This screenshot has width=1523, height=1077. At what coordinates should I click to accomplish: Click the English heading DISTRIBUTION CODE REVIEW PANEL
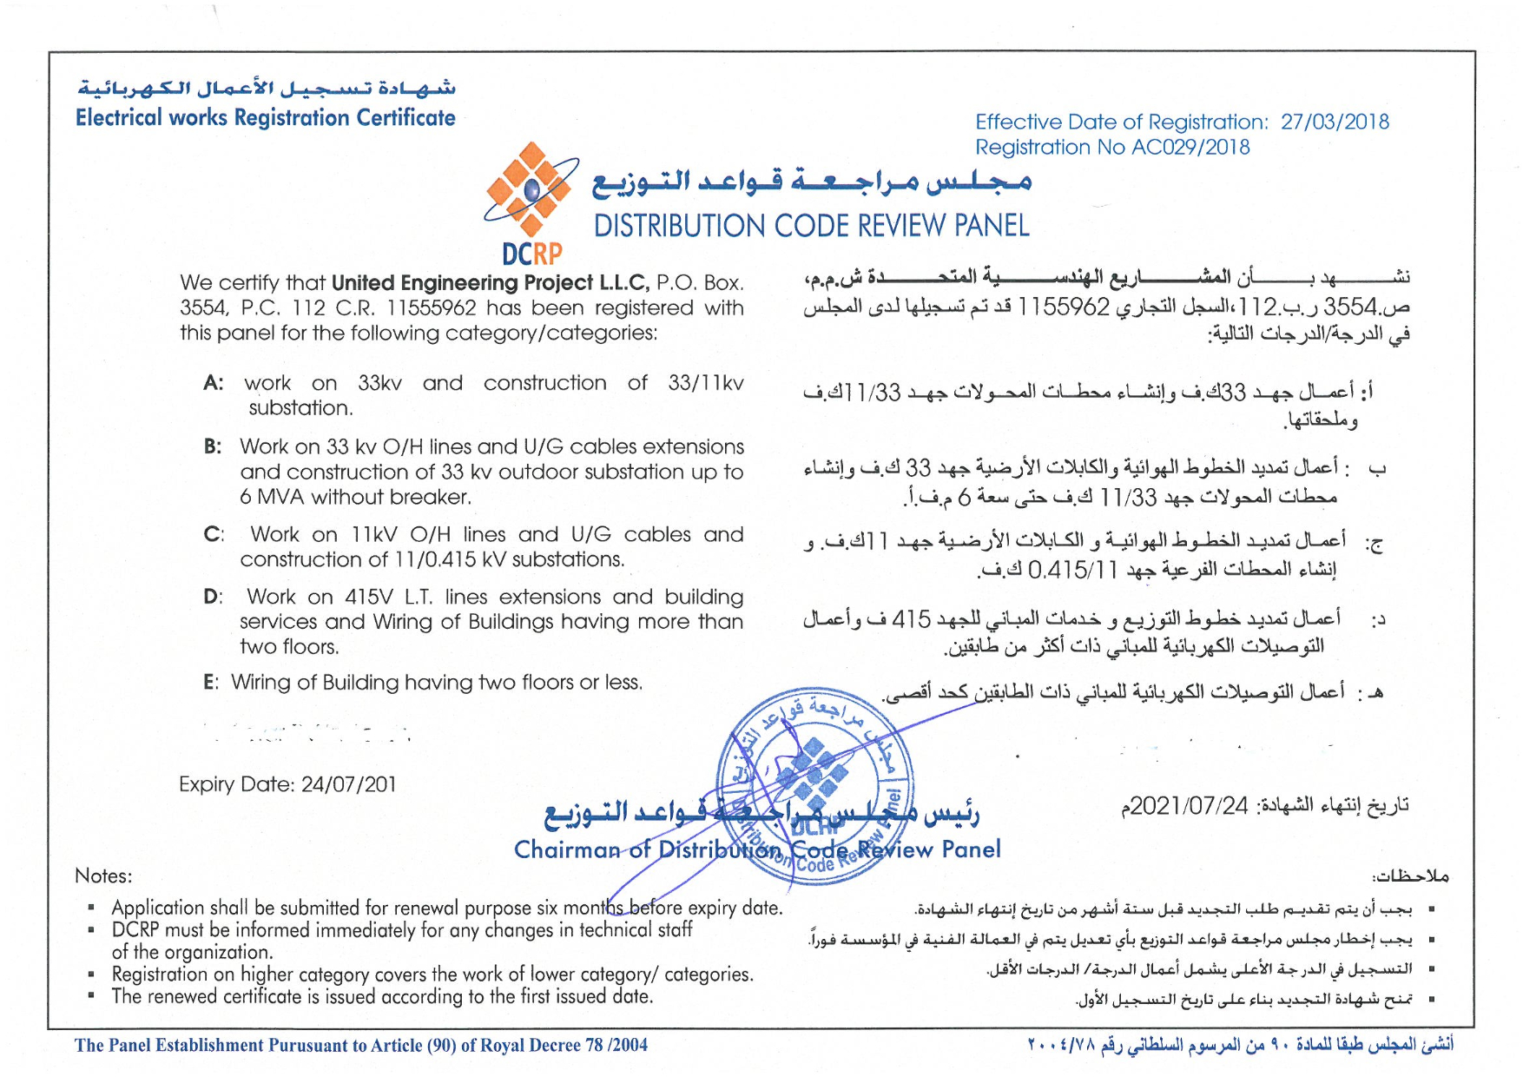pyautogui.click(x=811, y=226)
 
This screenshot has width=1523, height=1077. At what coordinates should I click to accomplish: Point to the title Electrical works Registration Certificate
pyautogui.click(x=265, y=118)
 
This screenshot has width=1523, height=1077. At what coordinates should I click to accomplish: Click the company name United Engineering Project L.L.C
pyautogui.click(x=490, y=283)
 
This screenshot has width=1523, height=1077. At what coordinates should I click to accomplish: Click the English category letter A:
pyautogui.click(x=213, y=383)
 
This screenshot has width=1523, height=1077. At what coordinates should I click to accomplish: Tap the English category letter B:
pyautogui.click(x=213, y=446)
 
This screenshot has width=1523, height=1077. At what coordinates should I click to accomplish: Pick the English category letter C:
pyautogui.click(x=213, y=534)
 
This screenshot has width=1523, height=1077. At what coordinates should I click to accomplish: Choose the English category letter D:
pyautogui.click(x=213, y=597)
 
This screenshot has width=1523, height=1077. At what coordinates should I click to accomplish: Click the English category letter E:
pyautogui.click(x=211, y=683)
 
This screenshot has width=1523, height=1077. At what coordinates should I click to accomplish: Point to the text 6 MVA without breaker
pyautogui.click(x=356, y=497)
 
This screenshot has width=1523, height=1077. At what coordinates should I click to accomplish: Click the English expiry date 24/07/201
pyautogui.click(x=348, y=784)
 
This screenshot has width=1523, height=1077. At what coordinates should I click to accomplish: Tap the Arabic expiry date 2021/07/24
pyautogui.click(x=1188, y=806)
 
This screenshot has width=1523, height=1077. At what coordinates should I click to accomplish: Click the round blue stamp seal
pyautogui.click(x=814, y=786)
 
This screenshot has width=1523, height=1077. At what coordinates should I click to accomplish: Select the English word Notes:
pyautogui.click(x=103, y=875)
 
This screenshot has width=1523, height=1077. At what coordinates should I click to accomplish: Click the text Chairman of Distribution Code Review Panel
pyautogui.click(x=757, y=849)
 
